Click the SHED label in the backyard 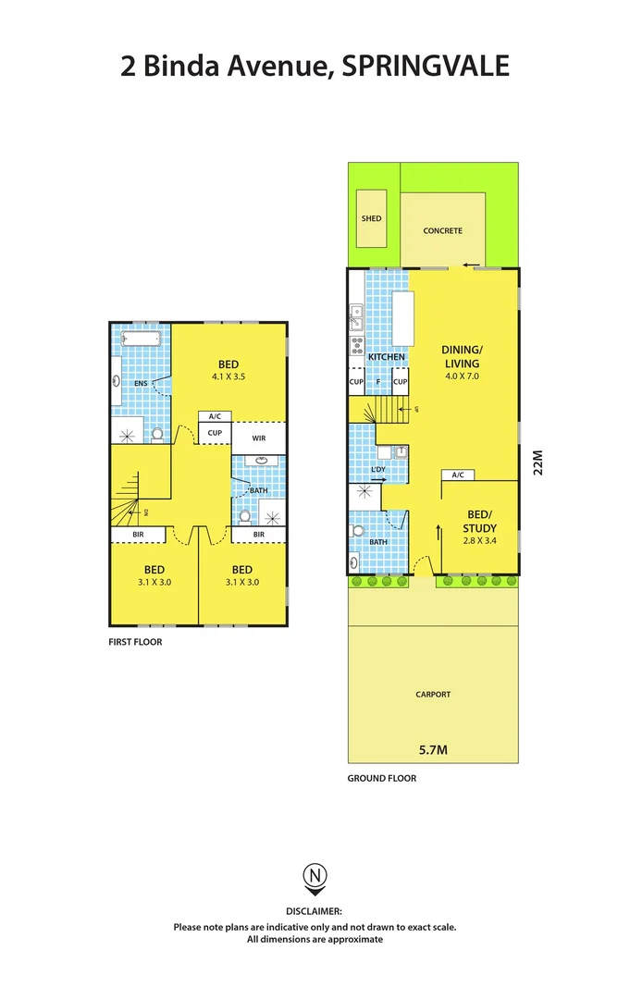(x=371, y=219)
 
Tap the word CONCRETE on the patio (x=442, y=230)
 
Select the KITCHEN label (x=387, y=357)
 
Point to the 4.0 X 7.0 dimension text (x=462, y=376)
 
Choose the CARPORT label (x=433, y=694)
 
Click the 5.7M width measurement (x=432, y=750)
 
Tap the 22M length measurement (x=538, y=462)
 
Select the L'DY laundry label (x=377, y=470)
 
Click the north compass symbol (x=315, y=875)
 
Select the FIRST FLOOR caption (x=135, y=641)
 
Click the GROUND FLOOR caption (x=381, y=779)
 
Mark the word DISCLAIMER (x=315, y=911)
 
